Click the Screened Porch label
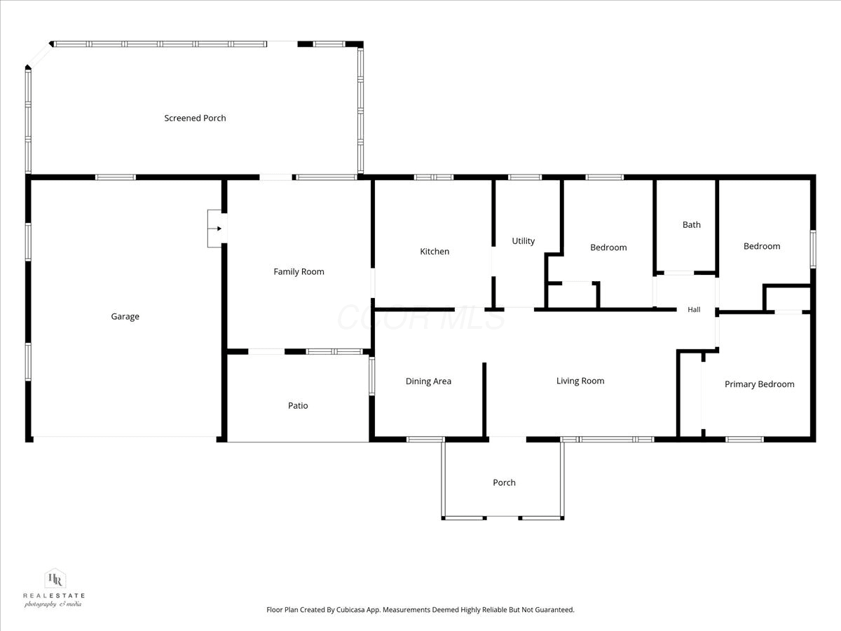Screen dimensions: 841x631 click(x=195, y=118)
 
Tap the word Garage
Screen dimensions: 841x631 click(x=125, y=316)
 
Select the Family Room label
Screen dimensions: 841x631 click(x=299, y=271)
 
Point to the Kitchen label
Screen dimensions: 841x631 click(x=435, y=251)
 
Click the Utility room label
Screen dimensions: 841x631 click(x=524, y=241)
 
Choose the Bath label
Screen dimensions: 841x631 click(x=692, y=224)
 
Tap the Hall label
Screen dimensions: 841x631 click(x=694, y=310)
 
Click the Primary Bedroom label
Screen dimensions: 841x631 click(x=760, y=384)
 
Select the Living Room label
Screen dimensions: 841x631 click(x=580, y=381)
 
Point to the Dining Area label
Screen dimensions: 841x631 click(x=428, y=381)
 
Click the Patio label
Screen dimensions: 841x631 click(x=298, y=405)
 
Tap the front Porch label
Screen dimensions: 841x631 click(x=504, y=482)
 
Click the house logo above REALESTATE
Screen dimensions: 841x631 click(x=55, y=578)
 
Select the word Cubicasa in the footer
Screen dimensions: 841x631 click(x=350, y=609)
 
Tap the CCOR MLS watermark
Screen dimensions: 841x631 click(x=421, y=317)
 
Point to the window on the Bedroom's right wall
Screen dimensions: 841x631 click(x=813, y=249)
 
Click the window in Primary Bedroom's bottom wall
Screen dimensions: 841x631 click(x=744, y=440)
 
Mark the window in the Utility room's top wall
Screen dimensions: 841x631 click(x=525, y=177)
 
